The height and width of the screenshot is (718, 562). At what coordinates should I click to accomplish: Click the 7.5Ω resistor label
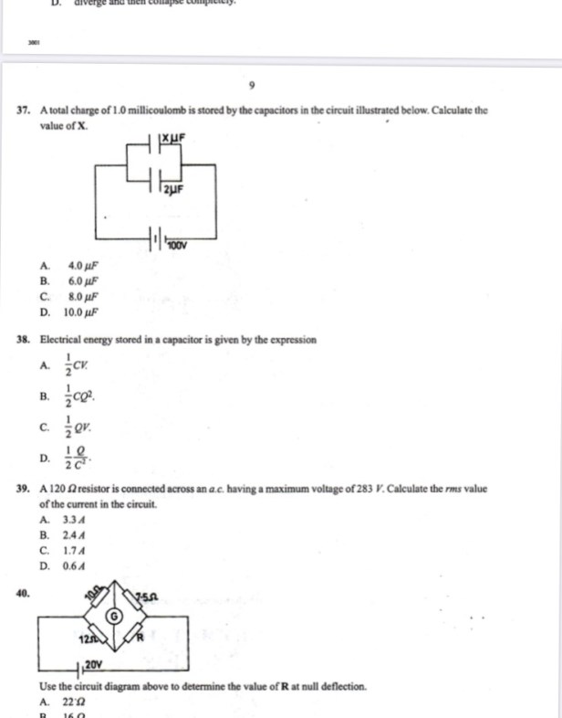148,598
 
